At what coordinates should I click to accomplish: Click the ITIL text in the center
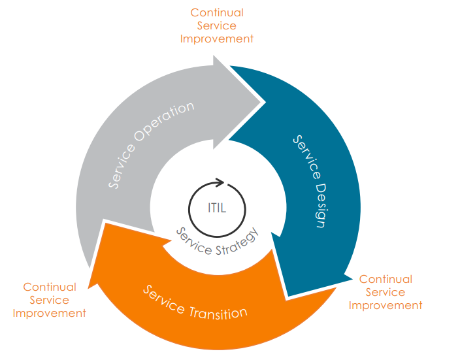[216, 208]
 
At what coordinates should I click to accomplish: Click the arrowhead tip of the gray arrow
[265, 102]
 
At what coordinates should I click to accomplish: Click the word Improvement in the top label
[217, 39]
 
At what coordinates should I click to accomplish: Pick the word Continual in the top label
[217, 12]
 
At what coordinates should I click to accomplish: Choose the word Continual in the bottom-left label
[50, 287]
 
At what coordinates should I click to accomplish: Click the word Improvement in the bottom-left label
[50, 313]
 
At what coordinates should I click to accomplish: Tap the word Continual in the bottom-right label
[386, 279]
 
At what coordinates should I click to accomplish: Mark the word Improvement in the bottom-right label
[386, 305]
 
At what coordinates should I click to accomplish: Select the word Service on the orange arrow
[162, 297]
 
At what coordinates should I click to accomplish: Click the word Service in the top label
[217, 25]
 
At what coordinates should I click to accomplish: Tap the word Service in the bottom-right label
[386, 292]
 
